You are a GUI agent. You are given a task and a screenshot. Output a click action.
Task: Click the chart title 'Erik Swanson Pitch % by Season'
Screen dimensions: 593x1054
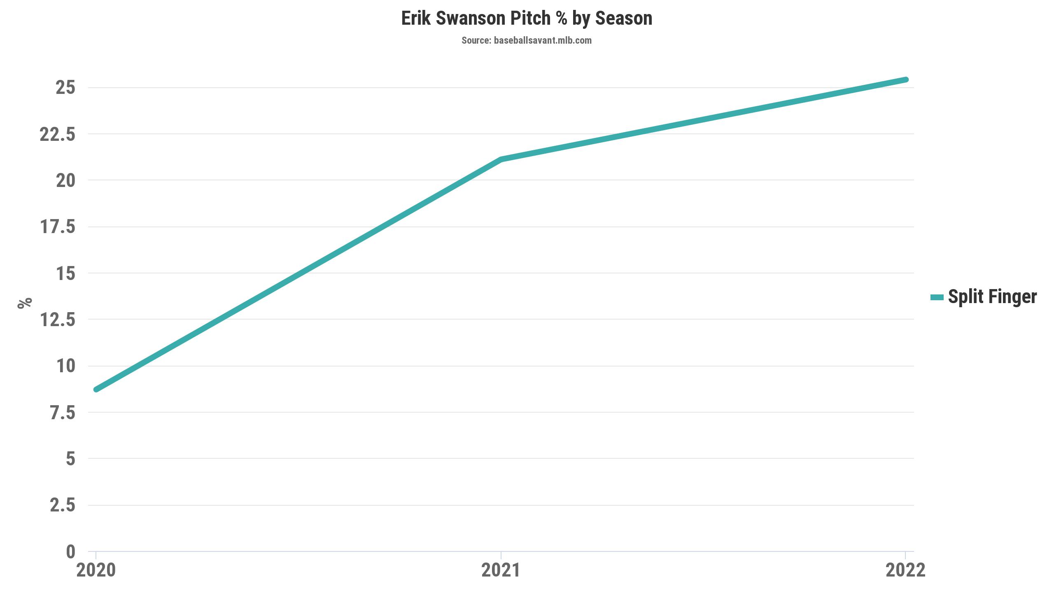pos(527,19)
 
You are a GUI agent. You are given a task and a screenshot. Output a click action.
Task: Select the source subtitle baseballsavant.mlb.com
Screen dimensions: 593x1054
pos(527,40)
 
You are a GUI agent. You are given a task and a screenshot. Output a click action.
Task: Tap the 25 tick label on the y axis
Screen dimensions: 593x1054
pos(65,88)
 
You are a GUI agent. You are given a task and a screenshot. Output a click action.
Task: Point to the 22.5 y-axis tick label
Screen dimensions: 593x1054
pos(58,134)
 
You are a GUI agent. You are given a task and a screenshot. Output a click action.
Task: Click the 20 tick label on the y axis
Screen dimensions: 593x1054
pos(65,180)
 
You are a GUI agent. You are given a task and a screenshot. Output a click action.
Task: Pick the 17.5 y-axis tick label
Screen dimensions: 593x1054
pos(58,227)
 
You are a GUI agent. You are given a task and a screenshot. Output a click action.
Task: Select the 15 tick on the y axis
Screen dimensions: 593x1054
pos(65,273)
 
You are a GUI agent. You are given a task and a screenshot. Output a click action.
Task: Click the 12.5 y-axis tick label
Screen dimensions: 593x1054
pos(58,320)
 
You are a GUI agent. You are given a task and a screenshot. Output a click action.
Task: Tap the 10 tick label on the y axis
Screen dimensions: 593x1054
pos(65,366)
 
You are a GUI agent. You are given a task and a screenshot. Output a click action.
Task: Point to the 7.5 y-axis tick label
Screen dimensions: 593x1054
pos(63,413)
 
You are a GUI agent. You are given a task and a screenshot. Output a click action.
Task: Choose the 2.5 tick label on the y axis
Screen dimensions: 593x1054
pos(63,505)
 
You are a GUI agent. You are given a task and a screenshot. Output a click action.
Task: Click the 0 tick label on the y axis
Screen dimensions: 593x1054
pos(70,552)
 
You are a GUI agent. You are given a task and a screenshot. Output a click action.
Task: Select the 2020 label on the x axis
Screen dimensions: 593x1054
pos(96,571)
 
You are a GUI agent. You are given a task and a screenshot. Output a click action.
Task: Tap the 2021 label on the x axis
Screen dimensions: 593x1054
pos(501,571)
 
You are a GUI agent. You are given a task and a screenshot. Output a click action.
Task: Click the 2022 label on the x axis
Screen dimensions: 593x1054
pos(905,571)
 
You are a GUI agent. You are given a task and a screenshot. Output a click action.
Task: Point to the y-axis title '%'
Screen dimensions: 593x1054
pos(25,303)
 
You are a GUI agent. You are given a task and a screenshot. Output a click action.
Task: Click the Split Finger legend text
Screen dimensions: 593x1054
pos(992,297)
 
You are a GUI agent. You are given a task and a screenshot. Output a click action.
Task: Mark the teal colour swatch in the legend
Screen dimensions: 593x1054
pos(937,297)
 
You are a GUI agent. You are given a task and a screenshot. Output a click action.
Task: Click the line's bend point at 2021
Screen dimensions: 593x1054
pos(501,159)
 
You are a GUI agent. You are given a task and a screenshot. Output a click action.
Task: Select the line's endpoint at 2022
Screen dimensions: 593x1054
pos(905,79)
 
